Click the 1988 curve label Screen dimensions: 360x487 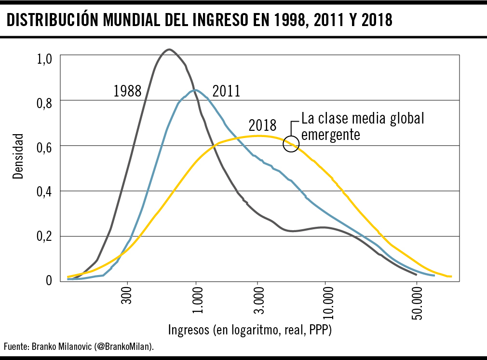[127, 91]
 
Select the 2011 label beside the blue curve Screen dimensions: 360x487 [226, 91]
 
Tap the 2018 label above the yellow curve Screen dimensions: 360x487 [262, 125]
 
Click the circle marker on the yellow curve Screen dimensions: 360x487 [291, 143]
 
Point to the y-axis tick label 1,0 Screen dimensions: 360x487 [44, 60]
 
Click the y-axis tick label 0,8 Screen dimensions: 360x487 [44, 103]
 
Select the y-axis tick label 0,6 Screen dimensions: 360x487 [44, 149]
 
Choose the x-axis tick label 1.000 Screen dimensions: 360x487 [196, 301]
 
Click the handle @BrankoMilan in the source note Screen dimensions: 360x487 [124, 346]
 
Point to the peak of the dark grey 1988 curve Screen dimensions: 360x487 [169, 49]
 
